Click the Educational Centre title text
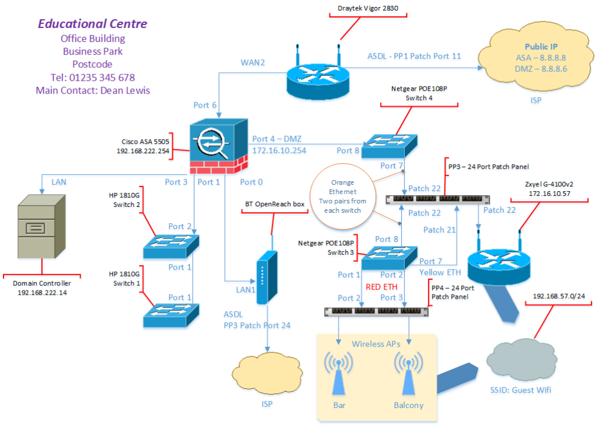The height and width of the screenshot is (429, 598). coord(92,24)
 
